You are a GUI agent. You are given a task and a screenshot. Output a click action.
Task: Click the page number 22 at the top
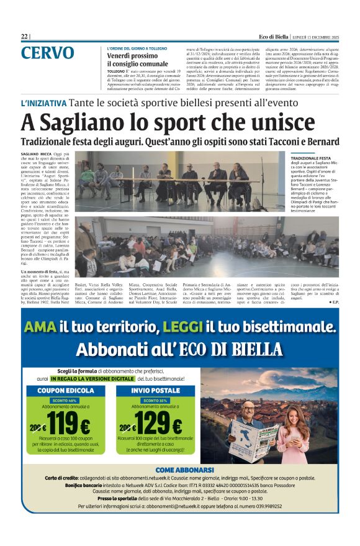[24, 36]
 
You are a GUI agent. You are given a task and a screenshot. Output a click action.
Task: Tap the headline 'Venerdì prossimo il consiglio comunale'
[137, 60]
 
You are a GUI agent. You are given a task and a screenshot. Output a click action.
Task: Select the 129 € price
[158, 426]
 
